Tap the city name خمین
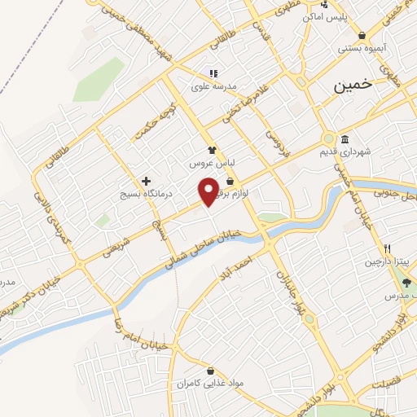click(x=354, y=85)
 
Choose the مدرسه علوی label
click(x=213, y=85)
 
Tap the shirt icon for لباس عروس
click(x=212, y=150)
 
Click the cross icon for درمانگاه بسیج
click(x=146, y=181)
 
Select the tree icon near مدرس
click(x=407, y=283)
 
